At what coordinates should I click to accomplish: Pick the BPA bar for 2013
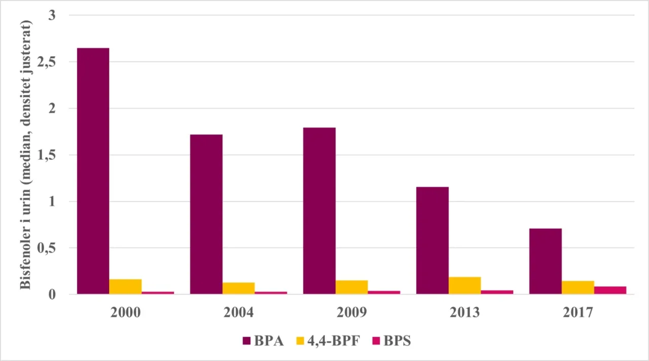(432, 240)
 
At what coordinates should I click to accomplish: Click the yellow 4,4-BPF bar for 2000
(125, 287)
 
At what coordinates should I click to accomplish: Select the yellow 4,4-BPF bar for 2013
(464, 286)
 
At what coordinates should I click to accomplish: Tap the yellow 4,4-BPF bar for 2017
(578, 287)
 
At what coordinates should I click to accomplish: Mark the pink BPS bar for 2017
(610, 291)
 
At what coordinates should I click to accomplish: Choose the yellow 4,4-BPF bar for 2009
(351, 287)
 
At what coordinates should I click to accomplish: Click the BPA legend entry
(263, 341)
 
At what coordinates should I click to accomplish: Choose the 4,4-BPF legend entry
(330, 341)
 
